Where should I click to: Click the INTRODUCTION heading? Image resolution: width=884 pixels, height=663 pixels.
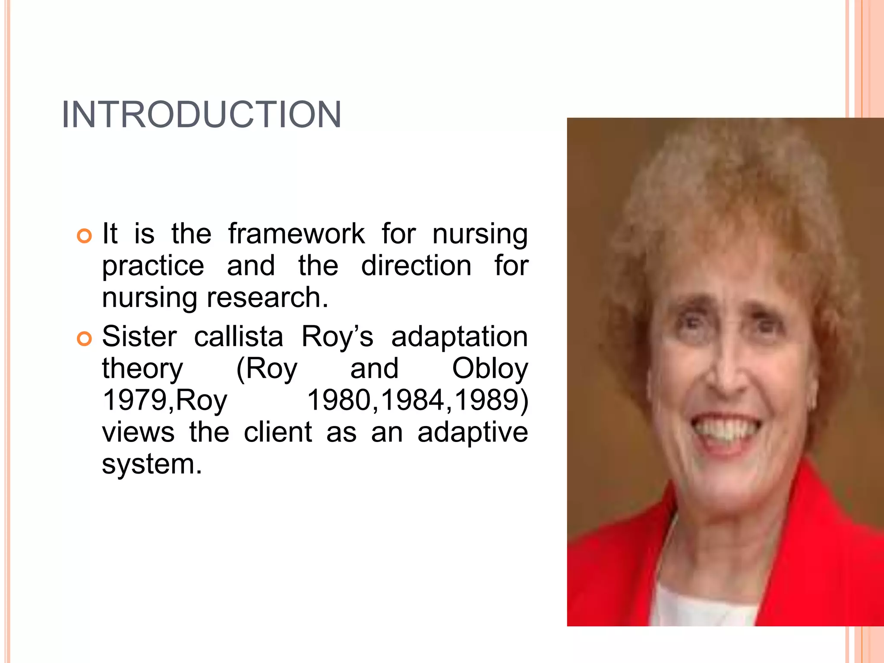tap(201, 114)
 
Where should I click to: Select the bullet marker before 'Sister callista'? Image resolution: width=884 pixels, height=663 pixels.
tap(85, 338)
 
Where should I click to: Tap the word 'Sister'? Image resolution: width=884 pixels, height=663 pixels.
tap(139, 336)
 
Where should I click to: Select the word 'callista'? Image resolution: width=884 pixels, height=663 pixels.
tap(238, 336)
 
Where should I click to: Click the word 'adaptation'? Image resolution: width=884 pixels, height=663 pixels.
tap(459, 337)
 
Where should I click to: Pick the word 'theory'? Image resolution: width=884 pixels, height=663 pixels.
tap(142, 369)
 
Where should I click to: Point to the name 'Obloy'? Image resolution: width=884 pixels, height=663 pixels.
tap(490, 369)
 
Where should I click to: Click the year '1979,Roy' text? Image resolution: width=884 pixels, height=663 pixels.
tap(164, 400)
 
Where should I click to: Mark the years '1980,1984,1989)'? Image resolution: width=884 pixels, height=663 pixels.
tap(417, 400)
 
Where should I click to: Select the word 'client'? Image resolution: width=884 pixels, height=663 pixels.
tap(278, 432)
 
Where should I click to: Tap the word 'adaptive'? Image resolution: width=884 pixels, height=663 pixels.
tap(473, 433)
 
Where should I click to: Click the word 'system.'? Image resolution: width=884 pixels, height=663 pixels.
tap(152, 464)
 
